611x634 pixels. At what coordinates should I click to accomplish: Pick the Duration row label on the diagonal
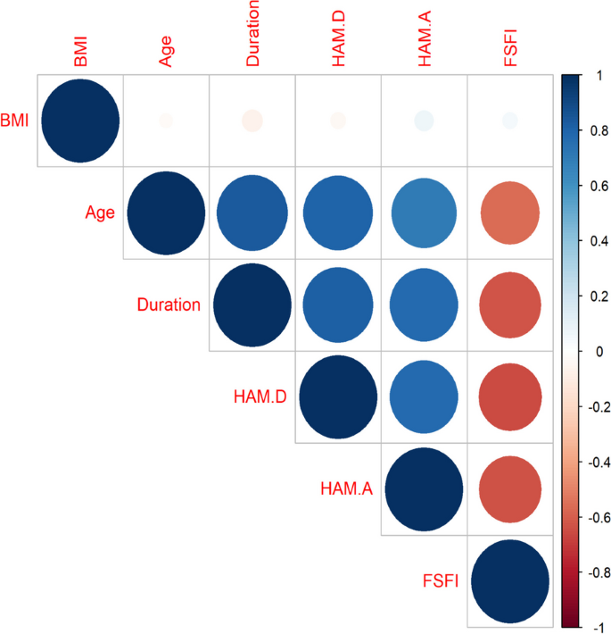coord(169,304)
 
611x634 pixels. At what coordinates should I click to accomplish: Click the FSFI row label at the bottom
coord(441,581)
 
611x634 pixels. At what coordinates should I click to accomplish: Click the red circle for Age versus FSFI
coord(509,213)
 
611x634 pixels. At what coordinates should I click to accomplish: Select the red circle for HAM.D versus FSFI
coord(509,395)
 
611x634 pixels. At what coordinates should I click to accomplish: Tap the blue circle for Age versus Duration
coord(252,213)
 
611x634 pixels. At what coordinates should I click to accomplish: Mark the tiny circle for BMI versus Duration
coord(252,120)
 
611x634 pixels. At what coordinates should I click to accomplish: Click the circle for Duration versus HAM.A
coord(423,304)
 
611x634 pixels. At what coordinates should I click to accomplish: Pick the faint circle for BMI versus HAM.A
coord(423,120)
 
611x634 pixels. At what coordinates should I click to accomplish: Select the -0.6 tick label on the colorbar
coord(592,517)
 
